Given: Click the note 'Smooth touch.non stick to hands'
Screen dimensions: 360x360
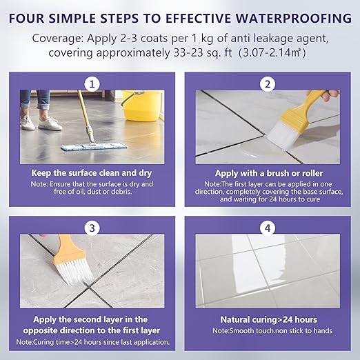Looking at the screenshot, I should click(272, 331).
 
